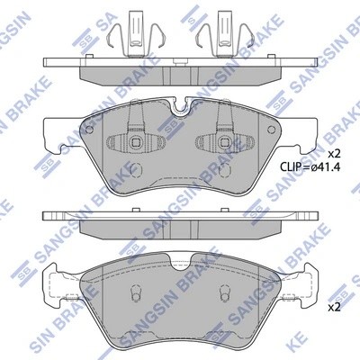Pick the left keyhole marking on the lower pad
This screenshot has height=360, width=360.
tap(134, 293)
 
